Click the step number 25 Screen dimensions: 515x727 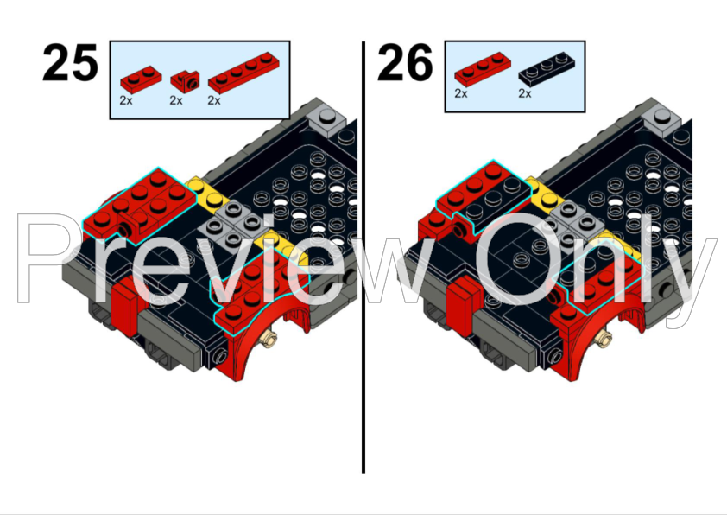pos(69,64)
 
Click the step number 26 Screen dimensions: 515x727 pos(404,64)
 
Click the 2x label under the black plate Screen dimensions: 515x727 pos(524,93)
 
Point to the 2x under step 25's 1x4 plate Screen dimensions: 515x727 pos(214,100)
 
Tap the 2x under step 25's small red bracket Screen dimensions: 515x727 pos(176,100)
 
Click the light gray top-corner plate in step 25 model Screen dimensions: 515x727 pos(329,114)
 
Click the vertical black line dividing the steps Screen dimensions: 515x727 pos(363,259)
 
